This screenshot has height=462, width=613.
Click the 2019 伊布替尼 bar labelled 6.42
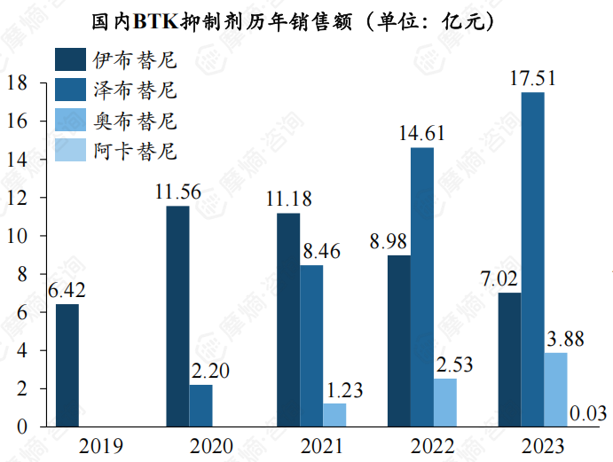67,365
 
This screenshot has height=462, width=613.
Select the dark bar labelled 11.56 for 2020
177,317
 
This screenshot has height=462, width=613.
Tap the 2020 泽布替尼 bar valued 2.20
200,405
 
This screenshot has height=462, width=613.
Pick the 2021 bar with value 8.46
311,346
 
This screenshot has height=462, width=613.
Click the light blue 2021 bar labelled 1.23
334,415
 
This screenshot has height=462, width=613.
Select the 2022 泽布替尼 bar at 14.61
421,286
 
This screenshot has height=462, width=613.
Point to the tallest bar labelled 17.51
532,259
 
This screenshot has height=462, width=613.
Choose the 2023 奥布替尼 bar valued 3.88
555,389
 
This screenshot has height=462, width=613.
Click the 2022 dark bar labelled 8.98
399,341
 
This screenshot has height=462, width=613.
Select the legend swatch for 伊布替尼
70,60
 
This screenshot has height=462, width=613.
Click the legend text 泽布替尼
134,90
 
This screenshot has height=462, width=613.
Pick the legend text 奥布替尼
134,121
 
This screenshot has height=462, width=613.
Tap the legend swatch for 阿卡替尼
70,150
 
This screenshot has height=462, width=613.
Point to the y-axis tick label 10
20,236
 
